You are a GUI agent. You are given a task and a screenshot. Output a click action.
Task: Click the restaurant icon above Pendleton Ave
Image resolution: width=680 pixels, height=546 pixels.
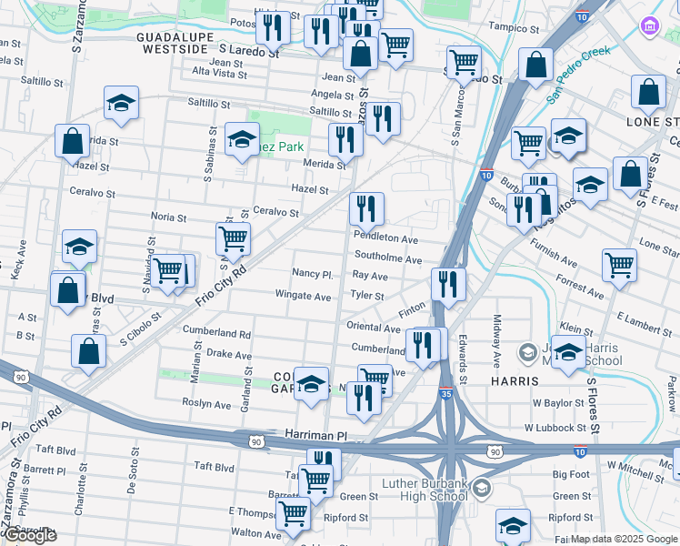[366, 209]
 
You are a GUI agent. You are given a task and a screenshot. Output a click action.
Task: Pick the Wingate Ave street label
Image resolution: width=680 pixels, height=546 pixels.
[304, 296]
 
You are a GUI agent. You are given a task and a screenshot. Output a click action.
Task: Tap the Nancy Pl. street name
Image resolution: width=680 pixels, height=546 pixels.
[314, 274]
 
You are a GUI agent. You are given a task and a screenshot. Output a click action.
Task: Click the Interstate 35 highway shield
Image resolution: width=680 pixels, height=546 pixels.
[444, 393]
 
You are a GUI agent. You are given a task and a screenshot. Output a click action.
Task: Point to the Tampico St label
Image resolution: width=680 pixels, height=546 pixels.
[512, 27]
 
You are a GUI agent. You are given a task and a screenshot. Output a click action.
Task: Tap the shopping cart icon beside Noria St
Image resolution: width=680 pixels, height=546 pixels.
[234, 239]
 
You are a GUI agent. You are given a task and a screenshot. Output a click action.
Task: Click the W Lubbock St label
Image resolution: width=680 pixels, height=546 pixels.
[554, 427]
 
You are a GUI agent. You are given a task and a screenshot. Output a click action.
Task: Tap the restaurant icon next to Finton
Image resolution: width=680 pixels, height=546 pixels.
[447, 284]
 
